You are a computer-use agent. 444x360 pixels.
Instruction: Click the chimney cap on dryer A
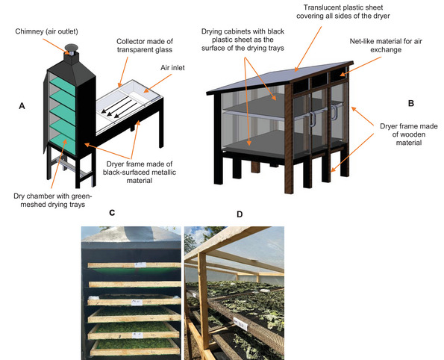[x=71, y=47]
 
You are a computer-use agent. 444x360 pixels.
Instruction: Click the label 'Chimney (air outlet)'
[x=46, y=31]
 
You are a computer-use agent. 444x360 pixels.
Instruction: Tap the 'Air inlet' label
[x=172, y=68]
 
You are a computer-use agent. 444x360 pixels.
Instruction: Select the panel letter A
[x=22, y=106]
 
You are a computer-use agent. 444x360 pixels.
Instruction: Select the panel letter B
[x=411, y=104]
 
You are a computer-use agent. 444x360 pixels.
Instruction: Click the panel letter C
[x=112, y=213]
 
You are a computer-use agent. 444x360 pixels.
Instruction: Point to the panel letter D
[x=240, y=214]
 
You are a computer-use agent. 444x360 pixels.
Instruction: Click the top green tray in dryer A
[x=63, y=84]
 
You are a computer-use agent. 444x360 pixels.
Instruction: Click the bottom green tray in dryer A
[x=63, y=143]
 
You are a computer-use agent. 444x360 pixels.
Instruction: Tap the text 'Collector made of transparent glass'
[x=145, y=46]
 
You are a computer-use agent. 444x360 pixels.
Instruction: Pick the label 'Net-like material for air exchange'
[x=386, y=46]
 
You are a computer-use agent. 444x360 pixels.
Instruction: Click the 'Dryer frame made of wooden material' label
[x=409, y=134]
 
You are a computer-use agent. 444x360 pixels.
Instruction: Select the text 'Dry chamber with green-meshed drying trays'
[x=53, y=200]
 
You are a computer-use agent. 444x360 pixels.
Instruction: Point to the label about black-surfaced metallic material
[x=140, y=173]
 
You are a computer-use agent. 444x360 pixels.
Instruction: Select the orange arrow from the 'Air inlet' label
[x=157, y=83]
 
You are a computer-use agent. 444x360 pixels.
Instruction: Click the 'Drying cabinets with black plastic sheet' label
[x=243, y=40]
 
